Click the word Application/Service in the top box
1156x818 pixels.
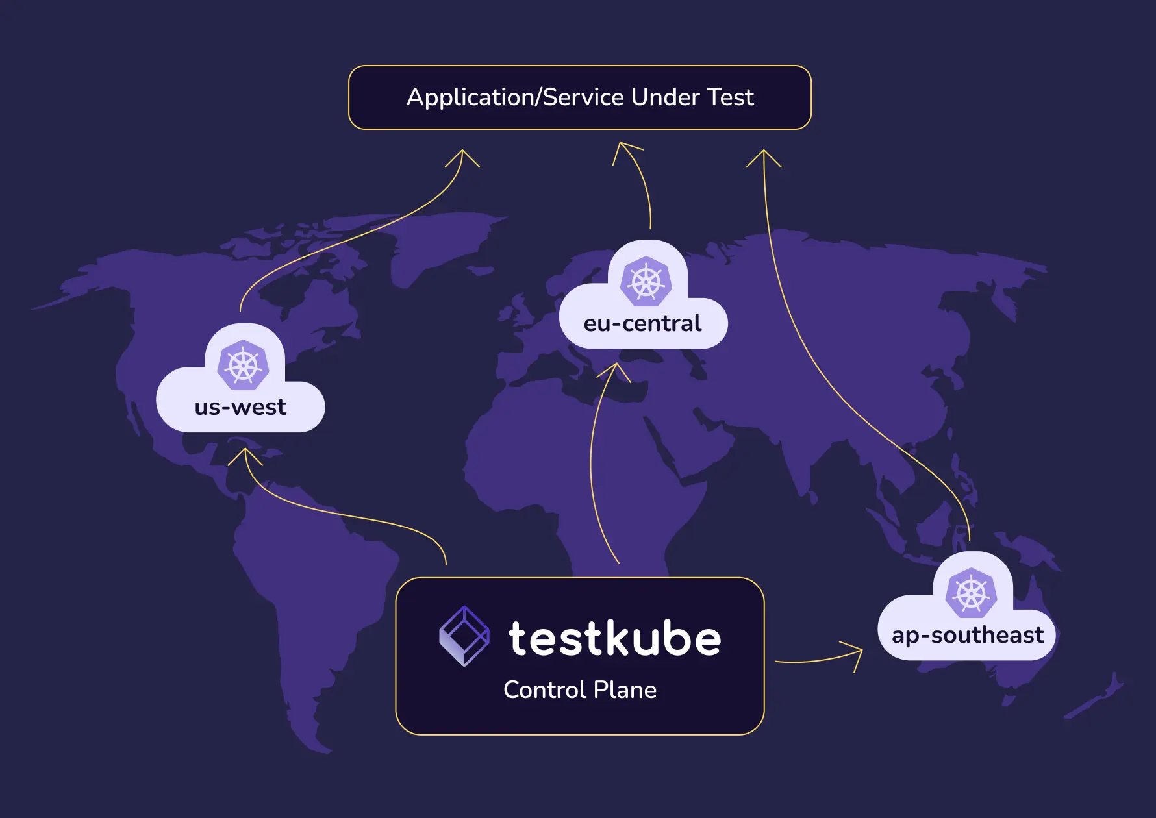515,97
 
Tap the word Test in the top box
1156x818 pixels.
730,97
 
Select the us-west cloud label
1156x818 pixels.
240,407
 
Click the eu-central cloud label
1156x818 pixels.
642,323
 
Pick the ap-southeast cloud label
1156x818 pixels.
967,635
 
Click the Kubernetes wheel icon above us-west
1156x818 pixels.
244,365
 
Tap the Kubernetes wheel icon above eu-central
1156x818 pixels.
646,281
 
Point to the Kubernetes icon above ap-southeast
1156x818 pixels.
971,593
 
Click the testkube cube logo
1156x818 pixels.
464,636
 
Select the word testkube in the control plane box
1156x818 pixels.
614,639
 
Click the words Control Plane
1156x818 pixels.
580,689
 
